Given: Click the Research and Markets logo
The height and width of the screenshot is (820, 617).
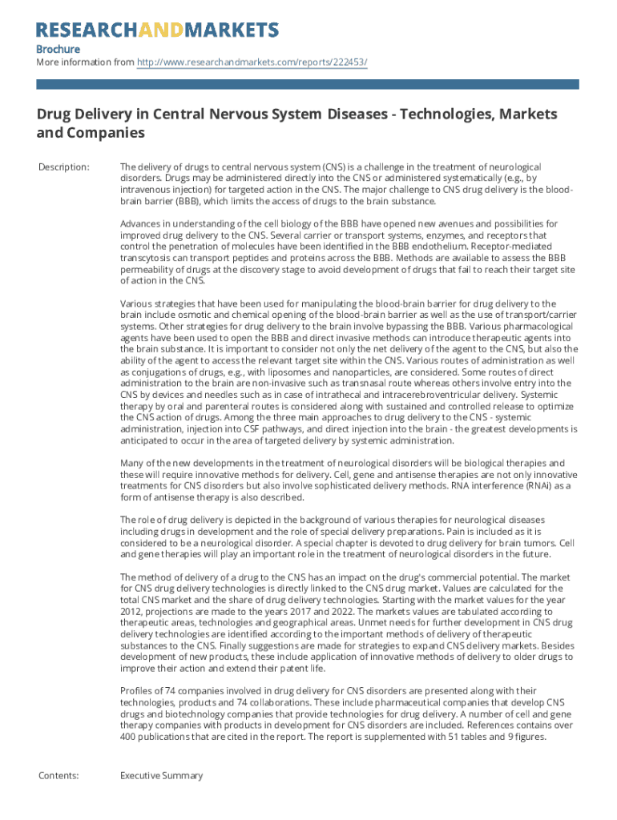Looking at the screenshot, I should tap(158, 30).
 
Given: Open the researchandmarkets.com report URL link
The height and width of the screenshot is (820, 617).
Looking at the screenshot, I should tap(252, 62).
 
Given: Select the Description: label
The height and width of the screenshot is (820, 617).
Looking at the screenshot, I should tap(63, 167).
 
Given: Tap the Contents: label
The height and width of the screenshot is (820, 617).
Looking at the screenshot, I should tap(58, 775).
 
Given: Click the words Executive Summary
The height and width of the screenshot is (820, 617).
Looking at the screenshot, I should tap(161, 775).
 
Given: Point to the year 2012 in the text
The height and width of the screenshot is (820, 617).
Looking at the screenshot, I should tap(131, 608).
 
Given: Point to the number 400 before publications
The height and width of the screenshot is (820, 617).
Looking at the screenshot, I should tap(130, 738).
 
